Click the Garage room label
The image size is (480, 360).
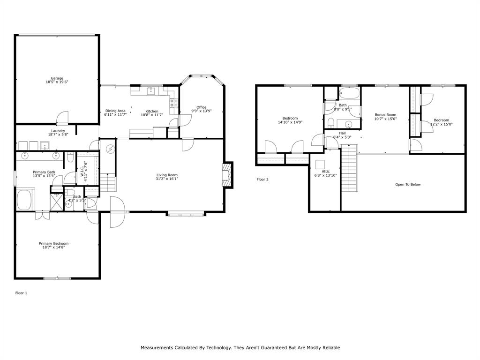coord(57,78)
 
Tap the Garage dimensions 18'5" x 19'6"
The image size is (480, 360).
coord(57,82)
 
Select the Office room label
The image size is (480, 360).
coord(202,107)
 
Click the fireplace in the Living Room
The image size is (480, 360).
coord(227,175)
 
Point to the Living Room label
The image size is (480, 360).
coord(167,175)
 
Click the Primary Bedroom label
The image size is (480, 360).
coord(53,243)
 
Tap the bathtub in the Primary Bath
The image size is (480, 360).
coord(25,199)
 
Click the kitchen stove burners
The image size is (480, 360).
coord(173,102)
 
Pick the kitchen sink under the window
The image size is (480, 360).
coord(151,90)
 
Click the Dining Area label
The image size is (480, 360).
coord(115,111)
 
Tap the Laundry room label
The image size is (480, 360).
coord(58,131)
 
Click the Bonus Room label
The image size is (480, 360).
coord(385,115)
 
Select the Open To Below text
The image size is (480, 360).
coord(408,184)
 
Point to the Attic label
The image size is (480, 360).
coord(325,172)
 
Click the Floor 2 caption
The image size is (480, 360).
coord(262,179)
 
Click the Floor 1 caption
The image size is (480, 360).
coord(21,292)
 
